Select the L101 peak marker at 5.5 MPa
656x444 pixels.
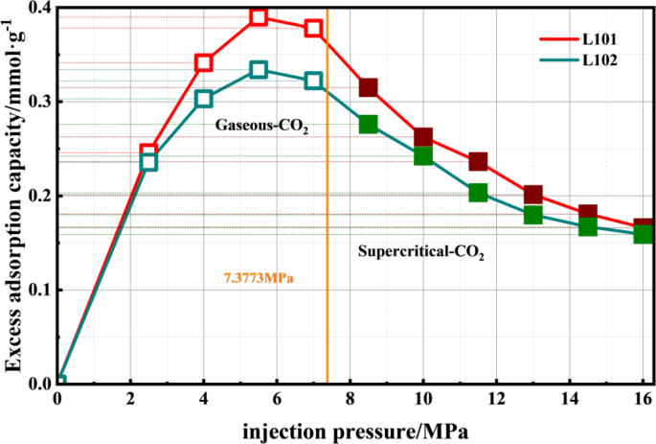pyautogui.click(x=259, y=16)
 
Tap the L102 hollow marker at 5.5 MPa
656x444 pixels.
pyautogui.click(x=259, y=70)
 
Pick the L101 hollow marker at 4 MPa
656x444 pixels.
pyautogui.click(x=204, y=63)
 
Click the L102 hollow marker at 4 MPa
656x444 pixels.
pyautogui.click(x=204, y=99)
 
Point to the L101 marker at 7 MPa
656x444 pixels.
pyautogui.click(x=313, y=28)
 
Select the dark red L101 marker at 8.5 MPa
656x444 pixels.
pyautogui.click(x=368, y=87)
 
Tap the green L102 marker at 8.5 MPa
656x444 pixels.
pyautogui.click(x=368, y=124)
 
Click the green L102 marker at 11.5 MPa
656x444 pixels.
pyautogui.click(x=478, y=193)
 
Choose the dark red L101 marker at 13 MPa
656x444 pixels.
pyautogui.click(x=533, y=195)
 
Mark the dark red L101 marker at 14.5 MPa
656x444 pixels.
pyautogui.click(x=588, y=214)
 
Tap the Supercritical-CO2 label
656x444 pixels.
pyautogui.click(x=421, y=254)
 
